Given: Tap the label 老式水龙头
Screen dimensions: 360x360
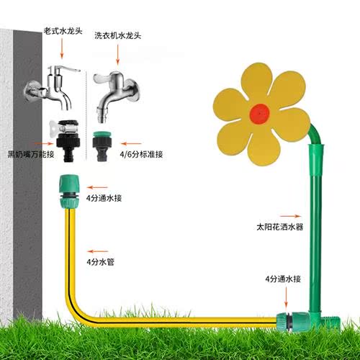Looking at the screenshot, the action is [x=63, y=31].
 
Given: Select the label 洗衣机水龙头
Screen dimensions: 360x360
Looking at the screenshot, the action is [x=117, y=36].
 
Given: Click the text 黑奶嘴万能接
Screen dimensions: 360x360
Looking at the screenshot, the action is [x=31, y=154].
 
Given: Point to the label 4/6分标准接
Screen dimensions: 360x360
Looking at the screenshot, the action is [x=141, y=154].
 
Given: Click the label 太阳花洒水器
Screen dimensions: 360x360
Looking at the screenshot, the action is [x=280, y=227].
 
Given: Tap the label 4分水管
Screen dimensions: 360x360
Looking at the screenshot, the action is [x=100, y=262].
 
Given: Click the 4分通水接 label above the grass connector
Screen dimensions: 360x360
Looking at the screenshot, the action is [x=283, y=279].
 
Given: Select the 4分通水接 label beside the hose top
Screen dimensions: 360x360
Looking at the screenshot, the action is [x=104, y=198].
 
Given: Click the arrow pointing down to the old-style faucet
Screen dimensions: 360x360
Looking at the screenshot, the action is [x=62, y=48].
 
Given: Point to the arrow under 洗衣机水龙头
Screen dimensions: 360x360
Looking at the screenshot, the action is [x=117, y=55].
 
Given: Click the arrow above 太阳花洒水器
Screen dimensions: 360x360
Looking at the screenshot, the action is [x=290, y=216].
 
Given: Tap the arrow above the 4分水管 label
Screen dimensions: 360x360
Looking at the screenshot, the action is [x=97, y=251].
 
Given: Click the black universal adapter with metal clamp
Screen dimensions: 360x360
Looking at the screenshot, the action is [x=67, y=140].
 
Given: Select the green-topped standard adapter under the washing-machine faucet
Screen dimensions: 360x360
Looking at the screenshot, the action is [x=102, y=146].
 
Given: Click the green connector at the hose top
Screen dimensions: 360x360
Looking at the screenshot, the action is [x=69, y=192].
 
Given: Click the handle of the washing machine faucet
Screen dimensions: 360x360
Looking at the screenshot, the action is [x=103, y=78].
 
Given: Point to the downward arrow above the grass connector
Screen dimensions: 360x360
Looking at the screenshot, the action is [x=286, y=297].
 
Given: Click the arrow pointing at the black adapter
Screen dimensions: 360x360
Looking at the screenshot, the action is [x=44, y=143].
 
